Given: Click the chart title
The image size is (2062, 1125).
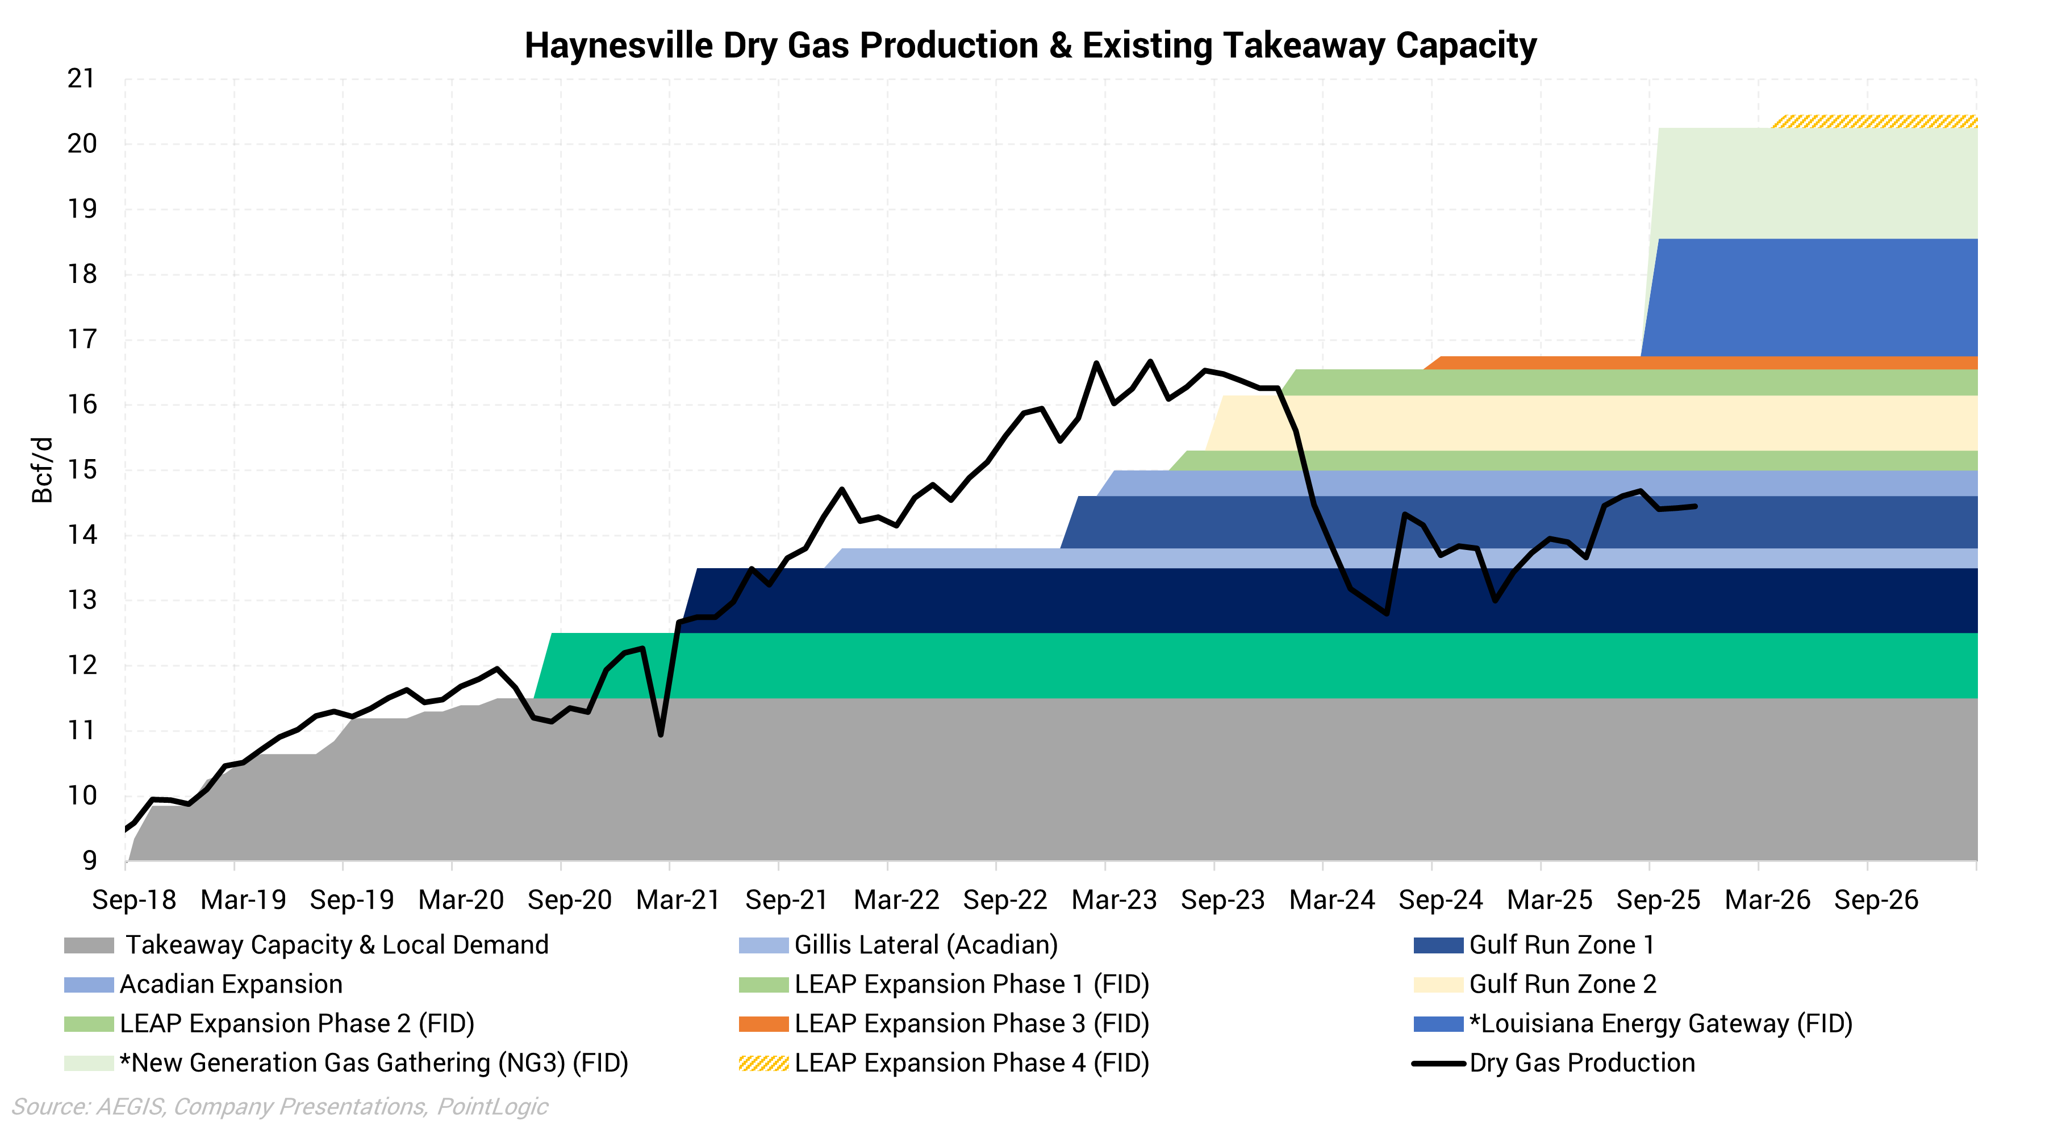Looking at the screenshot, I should (x=1030, y=45).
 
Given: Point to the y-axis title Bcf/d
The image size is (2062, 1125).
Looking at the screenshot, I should (x=41, y=470).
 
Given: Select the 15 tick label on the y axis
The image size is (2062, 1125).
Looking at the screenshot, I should (x=81, y=470).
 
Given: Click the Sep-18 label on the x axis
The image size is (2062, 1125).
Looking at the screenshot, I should (x=133, y=900).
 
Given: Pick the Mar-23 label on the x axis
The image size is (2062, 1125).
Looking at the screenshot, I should (x=1113, y=900).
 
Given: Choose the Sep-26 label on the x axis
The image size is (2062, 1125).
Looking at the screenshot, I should (x=1876, y=900).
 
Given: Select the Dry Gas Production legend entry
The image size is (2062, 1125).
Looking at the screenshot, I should (x=1582, y=1062).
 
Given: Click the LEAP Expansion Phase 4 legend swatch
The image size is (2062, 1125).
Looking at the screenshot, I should (x=763, y=1063).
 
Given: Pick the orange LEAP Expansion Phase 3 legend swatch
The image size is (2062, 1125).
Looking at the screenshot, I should (x=763, y=1024).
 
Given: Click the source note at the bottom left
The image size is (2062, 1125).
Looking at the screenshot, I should (x=279, y=1107).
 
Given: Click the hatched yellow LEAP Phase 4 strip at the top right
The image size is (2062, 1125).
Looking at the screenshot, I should (x=1873, y=122).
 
